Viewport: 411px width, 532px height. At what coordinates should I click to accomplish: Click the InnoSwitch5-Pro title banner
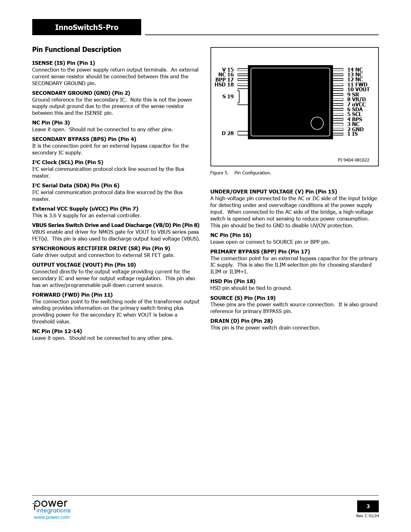coord(86,27)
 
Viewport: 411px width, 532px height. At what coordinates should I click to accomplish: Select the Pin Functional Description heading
coord(76,50)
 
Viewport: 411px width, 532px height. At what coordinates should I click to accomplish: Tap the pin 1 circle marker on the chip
coord(317,123)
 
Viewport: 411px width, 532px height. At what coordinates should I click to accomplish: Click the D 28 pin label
coord(228,133)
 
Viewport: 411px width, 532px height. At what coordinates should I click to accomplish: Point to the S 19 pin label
coord(228,96)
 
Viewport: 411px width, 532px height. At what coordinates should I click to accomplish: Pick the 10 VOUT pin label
coord(358,90)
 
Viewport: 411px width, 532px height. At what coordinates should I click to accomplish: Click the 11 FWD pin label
coord(357,85)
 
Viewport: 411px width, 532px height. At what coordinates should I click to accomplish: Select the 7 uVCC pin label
coord(356,104)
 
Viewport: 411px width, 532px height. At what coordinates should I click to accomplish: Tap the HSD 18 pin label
coord(224,85)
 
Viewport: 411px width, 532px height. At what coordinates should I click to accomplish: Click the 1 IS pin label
coord(352,134)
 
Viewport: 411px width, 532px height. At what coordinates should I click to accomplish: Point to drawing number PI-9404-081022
coord(353,160)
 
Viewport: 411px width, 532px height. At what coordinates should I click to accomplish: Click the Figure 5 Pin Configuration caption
coord(240,173)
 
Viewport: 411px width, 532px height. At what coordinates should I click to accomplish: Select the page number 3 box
coord(368,506)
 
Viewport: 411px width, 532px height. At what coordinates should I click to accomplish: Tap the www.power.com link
coord(52,517)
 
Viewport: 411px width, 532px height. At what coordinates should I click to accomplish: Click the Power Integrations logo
coord(51,507)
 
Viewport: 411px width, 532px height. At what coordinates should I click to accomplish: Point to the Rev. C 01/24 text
coord(367,516)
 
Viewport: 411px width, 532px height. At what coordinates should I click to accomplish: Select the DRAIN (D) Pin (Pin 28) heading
coord(241,321)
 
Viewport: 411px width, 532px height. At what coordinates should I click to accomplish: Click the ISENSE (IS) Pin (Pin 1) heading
coord(64,63)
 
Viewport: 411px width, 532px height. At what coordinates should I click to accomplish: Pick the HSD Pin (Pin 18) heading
coord(233,281)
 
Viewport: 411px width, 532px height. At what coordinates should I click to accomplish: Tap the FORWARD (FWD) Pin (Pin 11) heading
coord(72,295)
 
